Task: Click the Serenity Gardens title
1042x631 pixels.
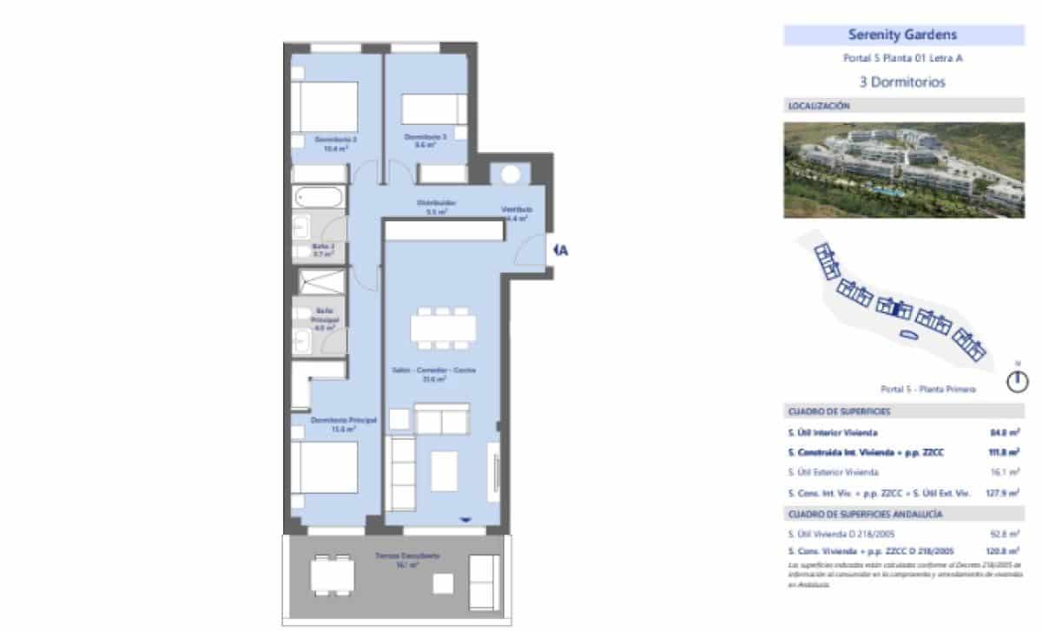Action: (902, 36)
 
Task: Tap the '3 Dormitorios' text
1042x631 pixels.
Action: (902, 83)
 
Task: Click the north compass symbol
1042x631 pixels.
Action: (1019, 380)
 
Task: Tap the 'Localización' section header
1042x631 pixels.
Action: (819, 106)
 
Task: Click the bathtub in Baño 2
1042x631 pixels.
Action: (320, 197)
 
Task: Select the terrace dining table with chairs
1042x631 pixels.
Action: (333, 574)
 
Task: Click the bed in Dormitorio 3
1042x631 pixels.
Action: (432, 111)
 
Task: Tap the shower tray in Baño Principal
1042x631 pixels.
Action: (322, 281)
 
